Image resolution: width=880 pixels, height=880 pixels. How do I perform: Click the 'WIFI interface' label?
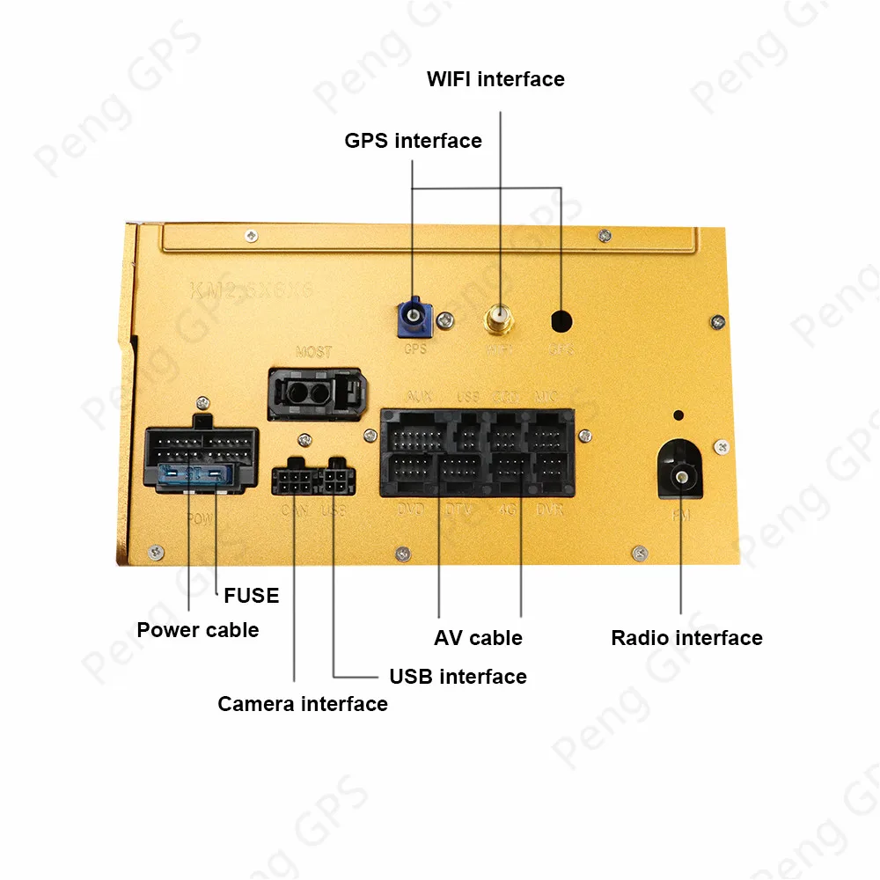tap(495, 79)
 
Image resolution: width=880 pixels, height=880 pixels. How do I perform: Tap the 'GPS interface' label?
tap(413, 141)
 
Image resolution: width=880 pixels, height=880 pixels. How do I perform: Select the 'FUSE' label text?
tap(251, 596)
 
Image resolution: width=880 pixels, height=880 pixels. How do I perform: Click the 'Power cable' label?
tap(198, 630)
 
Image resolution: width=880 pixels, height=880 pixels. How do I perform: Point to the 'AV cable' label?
tap(478, 638)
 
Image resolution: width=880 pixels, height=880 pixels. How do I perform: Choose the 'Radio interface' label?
tap(686, 638)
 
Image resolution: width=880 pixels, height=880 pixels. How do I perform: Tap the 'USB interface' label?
tap(458, 677)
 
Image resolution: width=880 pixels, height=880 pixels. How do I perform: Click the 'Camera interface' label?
tap(303, 704)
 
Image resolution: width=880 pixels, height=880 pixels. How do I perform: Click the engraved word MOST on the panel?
tap(313, 352)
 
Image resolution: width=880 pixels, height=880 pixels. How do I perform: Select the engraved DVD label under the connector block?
tap(410, 510)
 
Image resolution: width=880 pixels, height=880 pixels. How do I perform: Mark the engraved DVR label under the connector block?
tap(549, 510)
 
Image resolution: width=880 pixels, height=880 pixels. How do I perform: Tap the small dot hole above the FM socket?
tap(678, 415)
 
